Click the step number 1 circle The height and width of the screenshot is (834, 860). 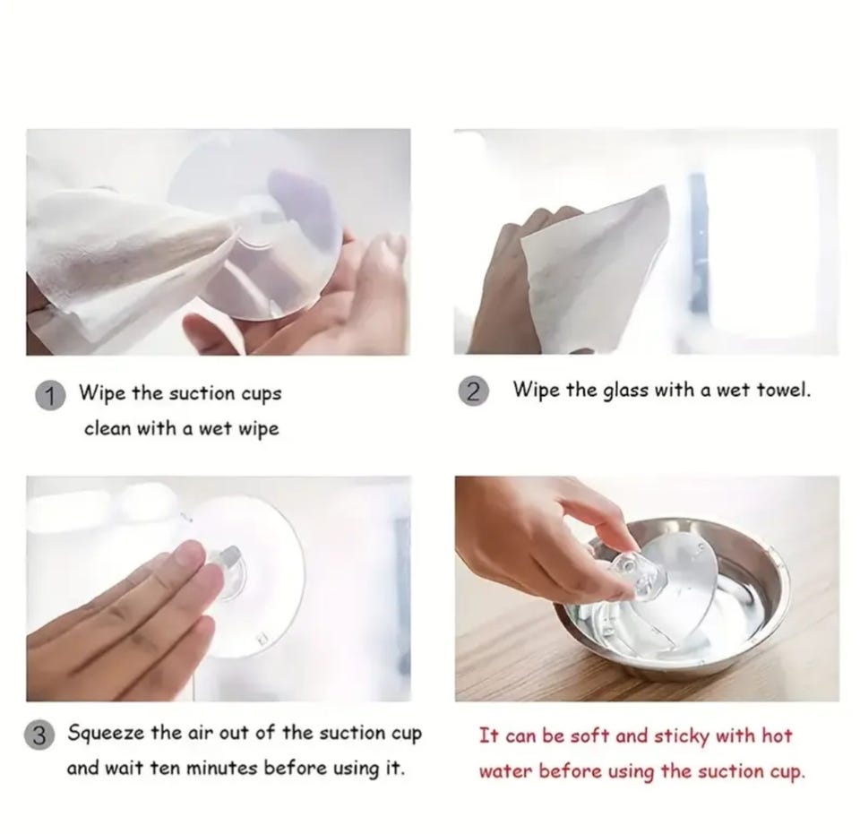(x=50, y=396)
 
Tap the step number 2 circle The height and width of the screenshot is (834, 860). (x=472, y=391)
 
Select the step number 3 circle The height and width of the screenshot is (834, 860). (x=39, y=735)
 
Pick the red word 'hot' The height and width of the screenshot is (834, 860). (x=777, y=735)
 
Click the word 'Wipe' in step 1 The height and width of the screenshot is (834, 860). (x=102, y=393)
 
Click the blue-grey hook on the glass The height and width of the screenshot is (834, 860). (x=698, y=241)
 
